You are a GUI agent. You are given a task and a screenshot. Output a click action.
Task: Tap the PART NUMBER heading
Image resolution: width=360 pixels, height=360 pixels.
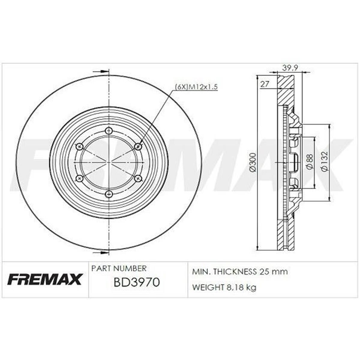tap(119, 268)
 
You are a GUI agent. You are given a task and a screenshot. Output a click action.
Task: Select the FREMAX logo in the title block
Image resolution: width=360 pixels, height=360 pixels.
tap(44, 279)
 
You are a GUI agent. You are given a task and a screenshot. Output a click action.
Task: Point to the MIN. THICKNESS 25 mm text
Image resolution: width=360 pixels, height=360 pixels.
tap(240, 272)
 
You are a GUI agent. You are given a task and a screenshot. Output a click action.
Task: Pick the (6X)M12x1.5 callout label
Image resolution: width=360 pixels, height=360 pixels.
tap(196, 87)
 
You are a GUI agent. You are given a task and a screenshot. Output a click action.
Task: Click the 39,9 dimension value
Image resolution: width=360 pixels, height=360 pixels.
tap(290, 68)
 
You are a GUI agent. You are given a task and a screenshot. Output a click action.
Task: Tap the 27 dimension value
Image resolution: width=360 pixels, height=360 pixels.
tap(264, 85)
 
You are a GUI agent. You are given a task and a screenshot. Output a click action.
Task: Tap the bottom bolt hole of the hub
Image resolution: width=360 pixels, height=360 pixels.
tap(109, 195)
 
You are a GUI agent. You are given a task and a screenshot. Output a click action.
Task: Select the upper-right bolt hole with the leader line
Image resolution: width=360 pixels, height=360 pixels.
tap(138, 146)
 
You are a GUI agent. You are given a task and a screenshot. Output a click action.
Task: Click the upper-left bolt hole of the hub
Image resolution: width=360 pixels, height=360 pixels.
tap(79, 146)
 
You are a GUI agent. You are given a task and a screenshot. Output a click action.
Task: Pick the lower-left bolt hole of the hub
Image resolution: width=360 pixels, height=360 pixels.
tap(79, 178)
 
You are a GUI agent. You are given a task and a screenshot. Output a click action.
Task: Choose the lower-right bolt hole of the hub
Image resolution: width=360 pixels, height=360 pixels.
tap(138, 178)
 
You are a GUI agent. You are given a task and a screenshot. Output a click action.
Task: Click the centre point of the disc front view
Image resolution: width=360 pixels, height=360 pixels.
tap(109, 162)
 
